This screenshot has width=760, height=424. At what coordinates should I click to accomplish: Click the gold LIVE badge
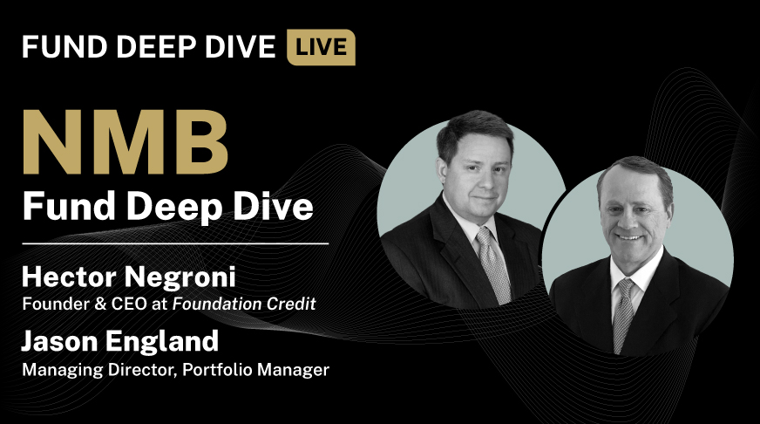pos(321,47)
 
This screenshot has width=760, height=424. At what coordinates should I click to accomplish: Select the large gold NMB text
pos(125,142)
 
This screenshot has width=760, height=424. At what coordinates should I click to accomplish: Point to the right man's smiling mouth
pos(631,236)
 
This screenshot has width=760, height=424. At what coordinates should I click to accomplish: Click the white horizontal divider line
pos(175,243)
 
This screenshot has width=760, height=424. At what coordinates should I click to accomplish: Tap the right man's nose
pos(630,216)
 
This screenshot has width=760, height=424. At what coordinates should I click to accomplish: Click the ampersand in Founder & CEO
pos(86,304)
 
